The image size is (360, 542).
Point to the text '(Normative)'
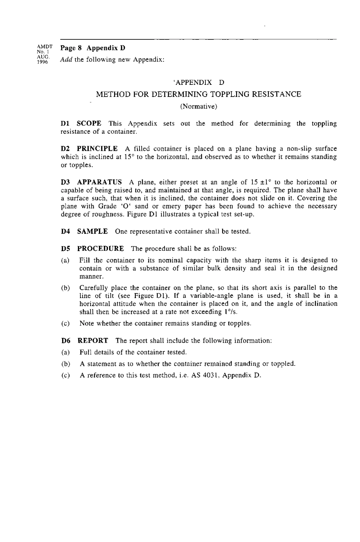click(x=199, y=106)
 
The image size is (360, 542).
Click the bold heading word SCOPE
click(x=89, y=123)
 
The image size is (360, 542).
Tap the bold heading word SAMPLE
click(x=92, y=231)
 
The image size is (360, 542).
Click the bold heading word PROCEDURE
click(x=100, y=248)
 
